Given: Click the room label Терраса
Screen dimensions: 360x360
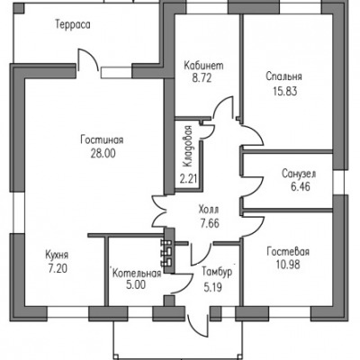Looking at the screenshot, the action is tap(73, 24).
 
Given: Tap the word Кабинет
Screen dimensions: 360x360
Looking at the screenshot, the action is tap(203, 66).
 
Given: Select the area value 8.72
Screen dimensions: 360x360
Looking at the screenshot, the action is tap(202, 78).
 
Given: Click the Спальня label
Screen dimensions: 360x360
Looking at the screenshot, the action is tap(283, 76).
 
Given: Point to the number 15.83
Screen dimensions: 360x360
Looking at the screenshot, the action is tap(285, 91).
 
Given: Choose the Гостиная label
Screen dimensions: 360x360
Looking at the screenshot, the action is tap(102, 140).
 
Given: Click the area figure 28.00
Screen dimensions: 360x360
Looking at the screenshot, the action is tap(103, 154).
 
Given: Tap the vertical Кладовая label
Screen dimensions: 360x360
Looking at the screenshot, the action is tap(188, 146).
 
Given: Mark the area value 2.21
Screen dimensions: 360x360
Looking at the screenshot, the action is tap(188, 179).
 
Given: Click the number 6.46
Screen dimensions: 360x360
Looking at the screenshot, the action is tap(300, 187).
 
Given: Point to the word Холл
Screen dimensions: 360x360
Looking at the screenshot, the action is tap(209, 210).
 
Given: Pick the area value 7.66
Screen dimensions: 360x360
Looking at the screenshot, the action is tap(210, 223).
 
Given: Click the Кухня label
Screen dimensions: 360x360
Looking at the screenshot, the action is tap(57, 256).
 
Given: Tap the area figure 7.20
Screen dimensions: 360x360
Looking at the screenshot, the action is tap(58, 268).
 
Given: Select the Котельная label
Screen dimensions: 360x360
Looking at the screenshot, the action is tap(137, 274).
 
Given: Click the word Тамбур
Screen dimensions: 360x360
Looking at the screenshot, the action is tap(217, 272).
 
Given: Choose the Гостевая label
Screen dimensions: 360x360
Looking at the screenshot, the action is tap(288, 251).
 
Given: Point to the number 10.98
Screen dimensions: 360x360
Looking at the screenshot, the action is tap(288, 265).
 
